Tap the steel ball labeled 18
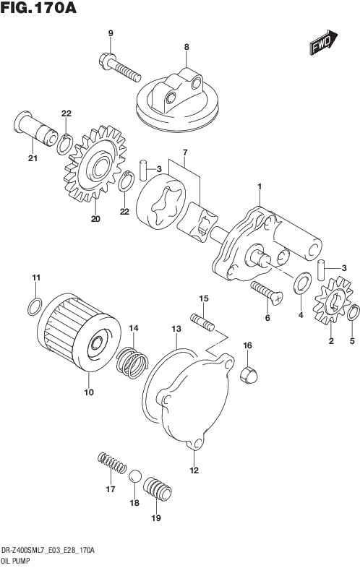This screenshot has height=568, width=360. point(134,477)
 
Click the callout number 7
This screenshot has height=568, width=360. point(185,153)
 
